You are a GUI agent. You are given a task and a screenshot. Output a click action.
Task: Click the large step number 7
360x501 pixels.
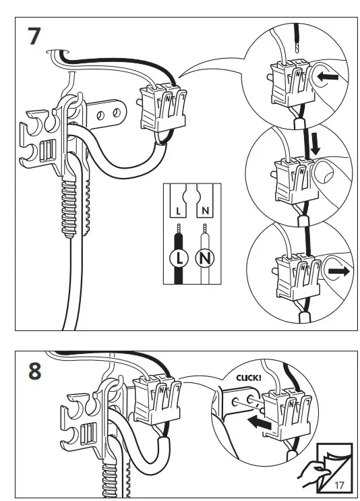pyautogui.click(x=34, y=36)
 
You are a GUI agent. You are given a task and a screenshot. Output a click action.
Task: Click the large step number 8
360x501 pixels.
pyautogui.click(x=35, y=372)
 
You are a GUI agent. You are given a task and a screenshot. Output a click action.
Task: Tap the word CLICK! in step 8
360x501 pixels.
pyautogui.click(x=249, y=378)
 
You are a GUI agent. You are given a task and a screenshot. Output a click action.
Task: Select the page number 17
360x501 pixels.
pyautogui.click(x=339, y=485)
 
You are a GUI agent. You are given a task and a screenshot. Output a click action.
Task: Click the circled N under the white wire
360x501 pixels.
pyautogui.click(x=205, y=258)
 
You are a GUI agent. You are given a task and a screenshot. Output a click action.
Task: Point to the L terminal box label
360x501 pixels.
pyautogui.click(x=178, y=211)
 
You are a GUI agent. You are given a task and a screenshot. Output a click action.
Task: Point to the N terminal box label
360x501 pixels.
pyautogui.click(x=206, y=211)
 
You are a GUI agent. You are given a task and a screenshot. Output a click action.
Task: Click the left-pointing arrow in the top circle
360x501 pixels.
pyautogui.click(x=328, y=77)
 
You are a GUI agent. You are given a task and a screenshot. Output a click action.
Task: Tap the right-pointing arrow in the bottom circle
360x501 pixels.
pyautogui.click(x=338, y=272)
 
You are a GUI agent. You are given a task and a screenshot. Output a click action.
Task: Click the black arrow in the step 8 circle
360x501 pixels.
pyautogui.click(x=260, y=423)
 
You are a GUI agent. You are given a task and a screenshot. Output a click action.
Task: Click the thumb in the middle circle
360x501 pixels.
pyautogui.click(x=324, y=173)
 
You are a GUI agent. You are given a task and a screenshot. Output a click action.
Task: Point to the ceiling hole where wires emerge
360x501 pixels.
pyautogui.click(x=57, y=52)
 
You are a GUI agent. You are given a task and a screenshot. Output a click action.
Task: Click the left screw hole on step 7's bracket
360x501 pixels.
pyautogui.click(x=100, y=115)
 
